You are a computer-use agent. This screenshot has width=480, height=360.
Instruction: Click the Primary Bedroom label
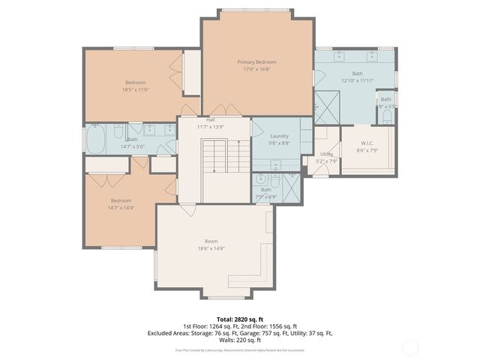click(x=256, y=61)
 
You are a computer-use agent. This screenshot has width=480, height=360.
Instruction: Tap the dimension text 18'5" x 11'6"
click(x=136, y=89)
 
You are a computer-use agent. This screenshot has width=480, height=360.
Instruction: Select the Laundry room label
click(x=279, y=136)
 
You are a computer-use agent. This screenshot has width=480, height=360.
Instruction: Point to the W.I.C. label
click(x=367, y=143)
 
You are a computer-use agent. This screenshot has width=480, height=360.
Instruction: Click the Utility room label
click(x=326, y=154)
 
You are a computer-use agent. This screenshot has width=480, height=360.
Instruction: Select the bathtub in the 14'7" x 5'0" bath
click(x=96, y=139)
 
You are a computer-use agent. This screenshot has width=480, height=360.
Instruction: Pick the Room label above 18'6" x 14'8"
click(x=211, y=241)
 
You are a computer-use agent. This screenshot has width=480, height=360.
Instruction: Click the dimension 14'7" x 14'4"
click(x=121, y=207)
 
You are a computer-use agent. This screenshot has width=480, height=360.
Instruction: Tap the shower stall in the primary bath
click(x=327, y=105)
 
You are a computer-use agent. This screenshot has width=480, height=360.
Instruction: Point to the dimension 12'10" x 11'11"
click(x=357, y=79)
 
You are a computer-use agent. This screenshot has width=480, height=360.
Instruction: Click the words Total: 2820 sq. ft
click(x=239, y=318)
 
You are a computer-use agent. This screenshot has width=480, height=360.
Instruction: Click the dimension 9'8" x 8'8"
click(x=279, y=142)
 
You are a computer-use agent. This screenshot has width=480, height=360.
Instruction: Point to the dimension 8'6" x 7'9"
click(x=367, y=150)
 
